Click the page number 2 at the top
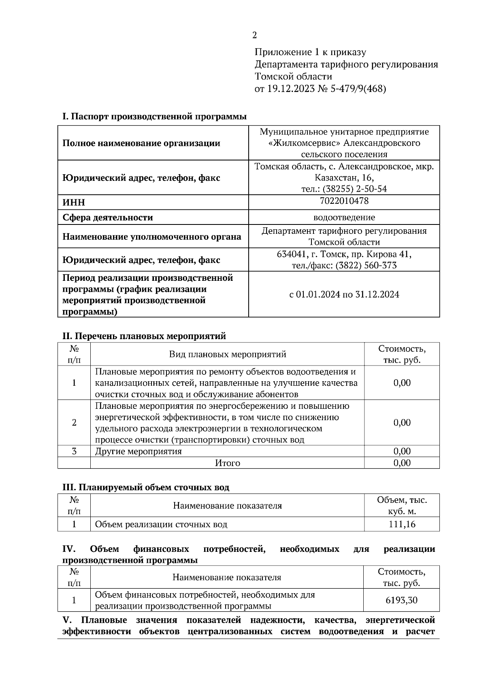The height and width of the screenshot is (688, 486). point(254,35)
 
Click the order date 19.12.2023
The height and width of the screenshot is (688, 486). point(291,89)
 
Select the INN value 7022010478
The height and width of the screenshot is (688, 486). point(344,201)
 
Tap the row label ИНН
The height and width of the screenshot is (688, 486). point(74,202)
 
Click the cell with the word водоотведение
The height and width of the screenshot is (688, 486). point(344,217)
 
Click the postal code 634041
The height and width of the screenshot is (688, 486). point(291,254)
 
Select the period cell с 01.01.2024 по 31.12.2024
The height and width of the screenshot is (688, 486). point(344,295)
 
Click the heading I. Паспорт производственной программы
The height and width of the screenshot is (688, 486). point(154,117)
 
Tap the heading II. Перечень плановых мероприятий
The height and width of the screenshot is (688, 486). point(144,336)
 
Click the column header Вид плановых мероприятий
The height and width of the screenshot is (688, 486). point(227,354)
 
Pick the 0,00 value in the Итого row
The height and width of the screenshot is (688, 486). point(402,463)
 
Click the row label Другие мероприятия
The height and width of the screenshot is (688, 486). point(138,451)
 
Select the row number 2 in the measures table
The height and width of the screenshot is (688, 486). point(74,423)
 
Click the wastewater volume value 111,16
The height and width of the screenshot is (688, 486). point(402,524)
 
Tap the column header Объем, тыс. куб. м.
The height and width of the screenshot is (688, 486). point(402,506)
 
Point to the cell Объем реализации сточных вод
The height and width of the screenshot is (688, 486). point(161,524)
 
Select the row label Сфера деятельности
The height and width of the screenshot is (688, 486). point(108,218)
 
